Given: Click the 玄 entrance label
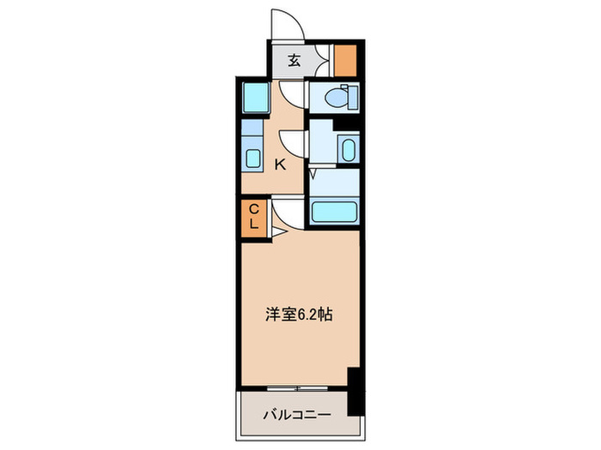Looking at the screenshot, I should [294, 60].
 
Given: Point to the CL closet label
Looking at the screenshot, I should [254, 216].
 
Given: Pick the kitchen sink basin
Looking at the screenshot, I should [253, 158].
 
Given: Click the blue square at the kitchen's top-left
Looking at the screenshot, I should [254, 99].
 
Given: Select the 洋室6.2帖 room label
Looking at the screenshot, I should [299, 315].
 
